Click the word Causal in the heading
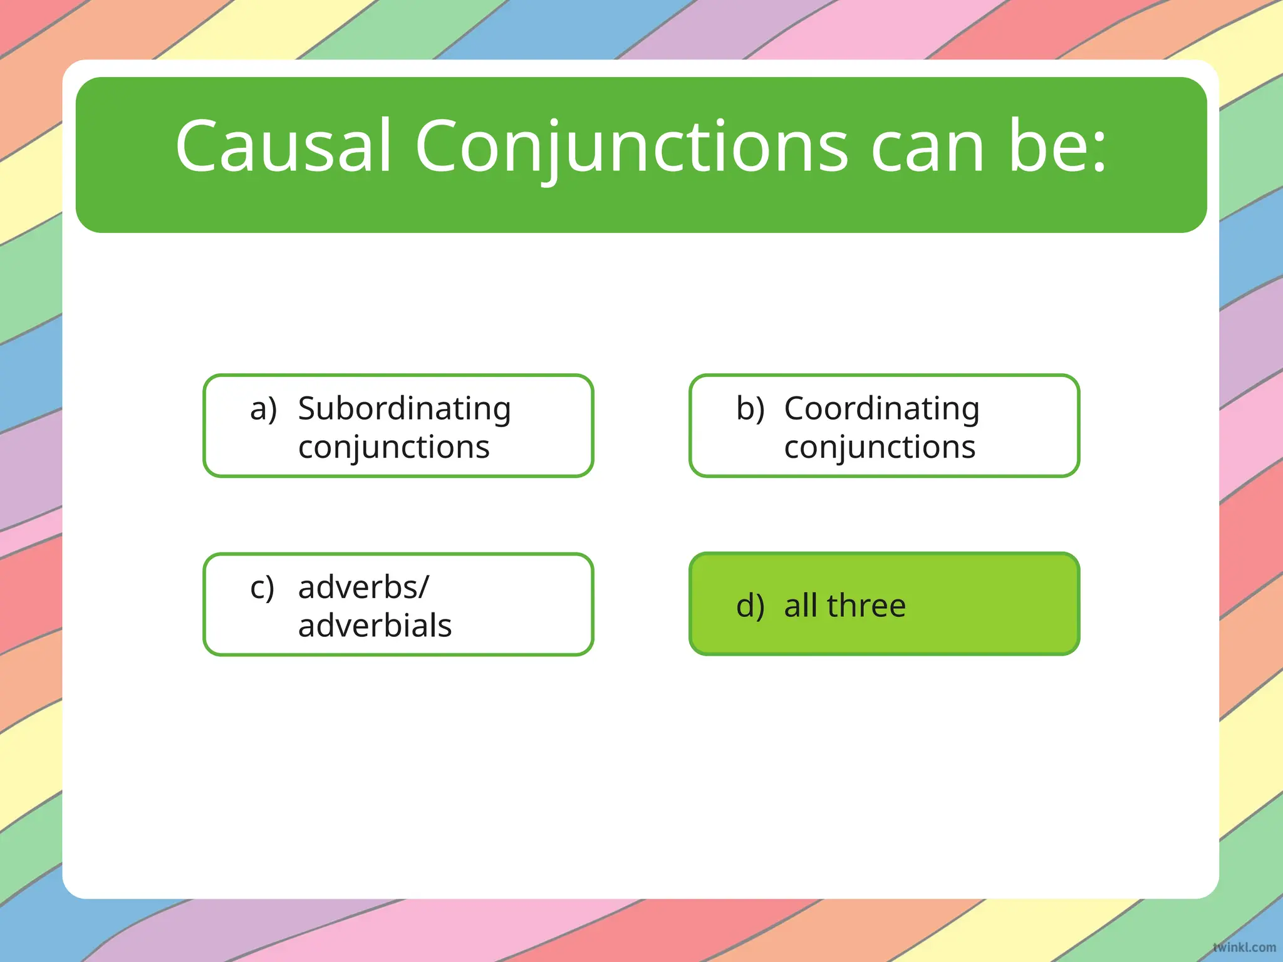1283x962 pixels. coord(283,147)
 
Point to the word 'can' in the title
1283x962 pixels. coord(927,147)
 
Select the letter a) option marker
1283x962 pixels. coord(263,410)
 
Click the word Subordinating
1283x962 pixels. coord(405,410)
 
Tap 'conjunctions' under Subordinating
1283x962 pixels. coord(393,447)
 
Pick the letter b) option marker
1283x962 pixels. coord(750,410)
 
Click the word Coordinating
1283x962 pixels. coord(881,410)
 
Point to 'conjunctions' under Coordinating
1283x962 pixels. coord(880,447)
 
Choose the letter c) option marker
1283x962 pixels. coord(262,588)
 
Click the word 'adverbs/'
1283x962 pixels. coord(363,588)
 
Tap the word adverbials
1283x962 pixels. coord(375,626)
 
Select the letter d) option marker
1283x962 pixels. coord(750,606)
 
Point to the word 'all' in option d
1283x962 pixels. coord(801,606)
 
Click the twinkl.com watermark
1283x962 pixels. coord(1244,947)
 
